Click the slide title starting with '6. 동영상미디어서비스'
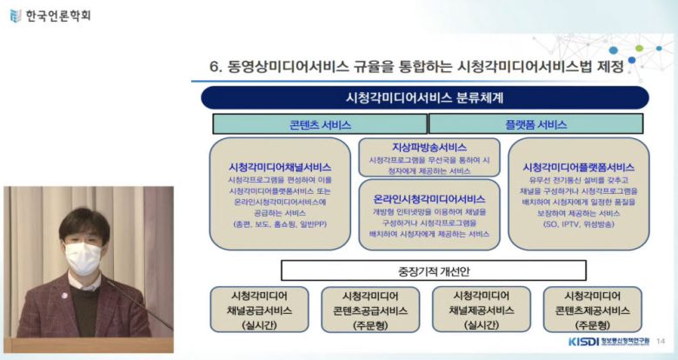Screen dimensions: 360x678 (417, 67)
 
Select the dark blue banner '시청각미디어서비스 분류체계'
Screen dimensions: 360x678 (424, 97)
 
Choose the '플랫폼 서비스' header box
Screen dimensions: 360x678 (535, 124)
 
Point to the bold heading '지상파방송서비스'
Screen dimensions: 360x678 (429, 147)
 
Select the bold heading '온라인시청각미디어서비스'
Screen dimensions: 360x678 (429, 199)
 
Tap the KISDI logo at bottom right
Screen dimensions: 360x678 (585, 342)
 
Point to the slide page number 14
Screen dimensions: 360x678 (661, 342)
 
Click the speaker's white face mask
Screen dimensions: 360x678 (83, 257)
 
